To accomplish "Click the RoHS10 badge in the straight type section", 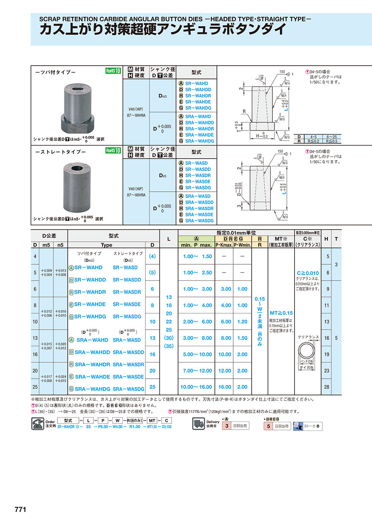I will click(x=113, y=150).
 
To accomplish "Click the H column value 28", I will click(x=327, y=387).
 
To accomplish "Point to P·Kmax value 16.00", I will click(x=225, y=387).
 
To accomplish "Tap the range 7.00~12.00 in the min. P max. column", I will click(x=197, y=371).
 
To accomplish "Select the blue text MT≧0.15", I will click(x=281, y=313).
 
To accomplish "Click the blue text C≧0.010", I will click(x=308, y=273).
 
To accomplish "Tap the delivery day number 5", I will click(x=269, y=426).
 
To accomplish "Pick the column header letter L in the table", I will click(x=169, y=239).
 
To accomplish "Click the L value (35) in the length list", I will click(x=169, y=346).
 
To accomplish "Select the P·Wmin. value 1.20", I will click(x=242, y=321).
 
